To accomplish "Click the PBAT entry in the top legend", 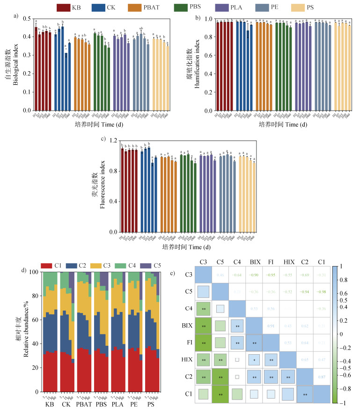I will click(157, 7).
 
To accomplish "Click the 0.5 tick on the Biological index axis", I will click(26, 19).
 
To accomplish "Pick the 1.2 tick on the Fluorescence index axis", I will click(112, 141).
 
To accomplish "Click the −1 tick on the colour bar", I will click(346, 403).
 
